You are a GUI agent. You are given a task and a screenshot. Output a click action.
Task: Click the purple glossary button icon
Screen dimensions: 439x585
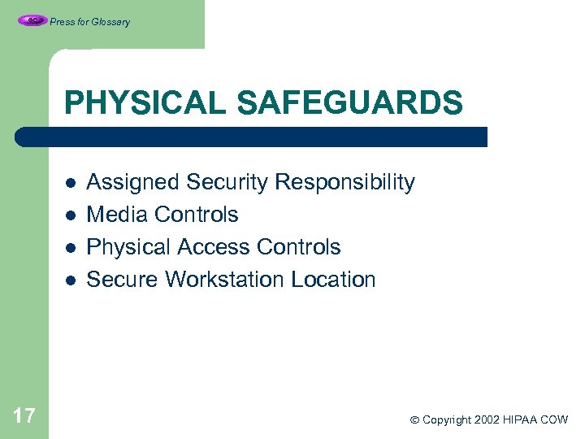[x=32, y=21]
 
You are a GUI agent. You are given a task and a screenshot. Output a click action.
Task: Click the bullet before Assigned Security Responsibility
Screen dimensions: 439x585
[x=70, y=183]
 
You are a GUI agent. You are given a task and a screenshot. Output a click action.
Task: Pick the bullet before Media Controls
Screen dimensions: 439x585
[x=70, y=215]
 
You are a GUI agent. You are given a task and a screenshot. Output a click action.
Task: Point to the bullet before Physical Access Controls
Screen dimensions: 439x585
[x=70, y=248]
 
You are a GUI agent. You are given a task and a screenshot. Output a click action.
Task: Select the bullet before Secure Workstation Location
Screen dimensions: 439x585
[x=70, y=280]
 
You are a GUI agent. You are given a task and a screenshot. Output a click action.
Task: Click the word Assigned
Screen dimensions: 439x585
[x=133, y=183]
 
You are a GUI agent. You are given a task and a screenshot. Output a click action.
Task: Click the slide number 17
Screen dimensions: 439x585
[x=24, y=417]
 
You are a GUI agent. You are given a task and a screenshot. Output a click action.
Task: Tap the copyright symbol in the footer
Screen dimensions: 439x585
[x=414, y=420]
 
